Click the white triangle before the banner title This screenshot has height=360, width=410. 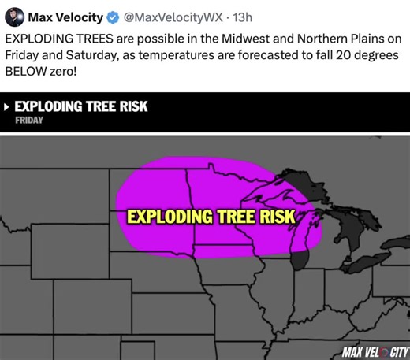(x=7, y=107)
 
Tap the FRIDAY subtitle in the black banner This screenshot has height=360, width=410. (x=29, y=121)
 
